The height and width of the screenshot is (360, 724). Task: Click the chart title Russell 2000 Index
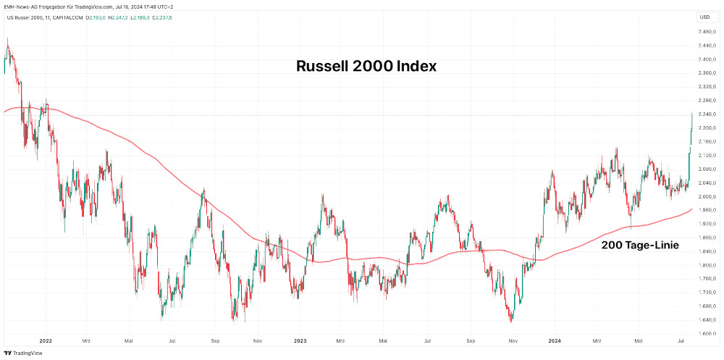pos(366,66)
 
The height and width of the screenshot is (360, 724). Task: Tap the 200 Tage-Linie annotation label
pos(640,246)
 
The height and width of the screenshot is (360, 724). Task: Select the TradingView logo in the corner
pos(23,353)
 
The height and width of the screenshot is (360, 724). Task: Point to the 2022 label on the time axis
pos(46,340)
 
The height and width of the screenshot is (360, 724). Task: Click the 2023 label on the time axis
pos(300,340)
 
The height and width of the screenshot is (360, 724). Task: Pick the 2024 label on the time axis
pos(555,340)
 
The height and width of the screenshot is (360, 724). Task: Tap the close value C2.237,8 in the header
pos(161,17)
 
